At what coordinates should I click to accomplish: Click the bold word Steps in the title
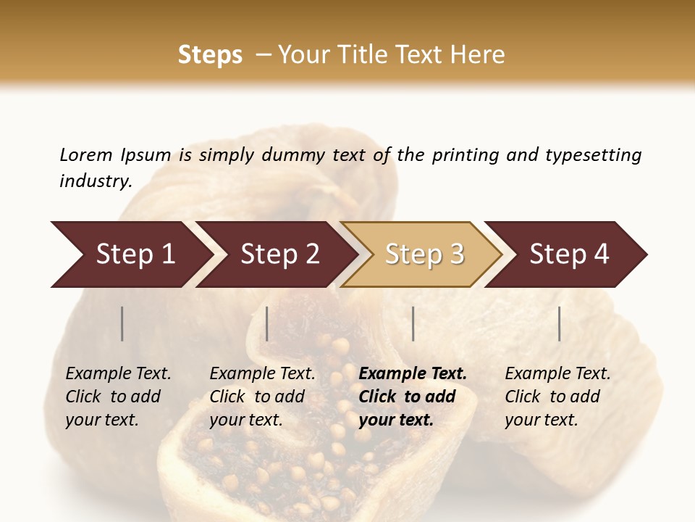210,55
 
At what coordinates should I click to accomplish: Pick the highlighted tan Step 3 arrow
424,254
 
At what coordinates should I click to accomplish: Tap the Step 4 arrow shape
569,254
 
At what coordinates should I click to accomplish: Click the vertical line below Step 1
122,323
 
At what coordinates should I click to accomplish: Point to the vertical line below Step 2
267,323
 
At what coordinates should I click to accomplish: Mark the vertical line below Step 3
413,323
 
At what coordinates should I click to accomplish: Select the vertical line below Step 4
559,323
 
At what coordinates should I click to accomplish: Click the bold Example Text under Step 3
413,397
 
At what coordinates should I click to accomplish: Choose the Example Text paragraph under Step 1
119,397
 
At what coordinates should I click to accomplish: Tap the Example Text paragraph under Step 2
262,397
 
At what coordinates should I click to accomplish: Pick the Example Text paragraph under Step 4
557,397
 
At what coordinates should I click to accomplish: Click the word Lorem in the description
86,155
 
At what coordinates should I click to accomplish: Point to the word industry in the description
96,181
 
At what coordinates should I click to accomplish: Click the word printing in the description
465,155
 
